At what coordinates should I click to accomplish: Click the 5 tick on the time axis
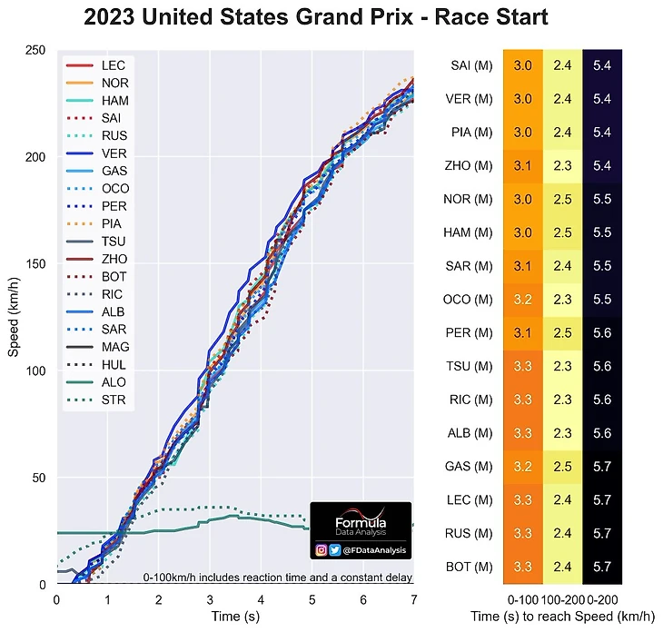point(312,600)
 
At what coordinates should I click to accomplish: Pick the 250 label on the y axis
point(36,51)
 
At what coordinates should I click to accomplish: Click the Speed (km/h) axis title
point(14,314)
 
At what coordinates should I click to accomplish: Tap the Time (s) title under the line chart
point(234,617)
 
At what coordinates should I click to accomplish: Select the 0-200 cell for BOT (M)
point(601,567)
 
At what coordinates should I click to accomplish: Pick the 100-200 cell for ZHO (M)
point(561,165)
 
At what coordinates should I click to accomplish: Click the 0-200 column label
point(601,599)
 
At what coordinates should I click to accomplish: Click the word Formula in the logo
point(361,525)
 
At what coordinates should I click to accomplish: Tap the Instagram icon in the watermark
point(322,550)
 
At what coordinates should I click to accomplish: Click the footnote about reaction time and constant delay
point(277,578)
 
